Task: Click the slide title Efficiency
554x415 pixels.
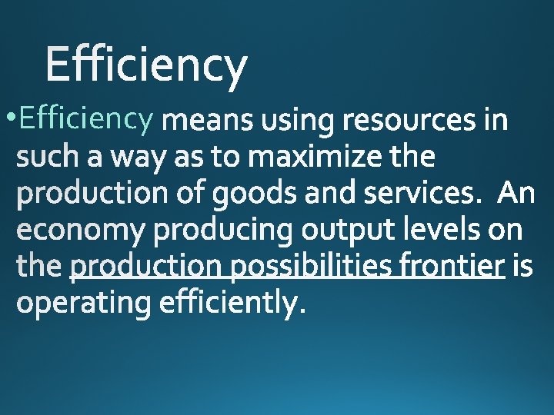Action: pyautogui.click(x=146, y=65)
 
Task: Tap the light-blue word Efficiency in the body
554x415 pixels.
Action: pyautogui.click(x=88, y=119)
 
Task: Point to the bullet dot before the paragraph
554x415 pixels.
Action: pyautogui.click(x=8, y=119)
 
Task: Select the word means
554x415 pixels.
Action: pyautogui.click(x=212, y=121)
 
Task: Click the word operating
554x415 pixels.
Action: pyautogui.click(x=84, y=304)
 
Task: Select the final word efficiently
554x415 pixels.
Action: pyautogui.click(x=232, y=304)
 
